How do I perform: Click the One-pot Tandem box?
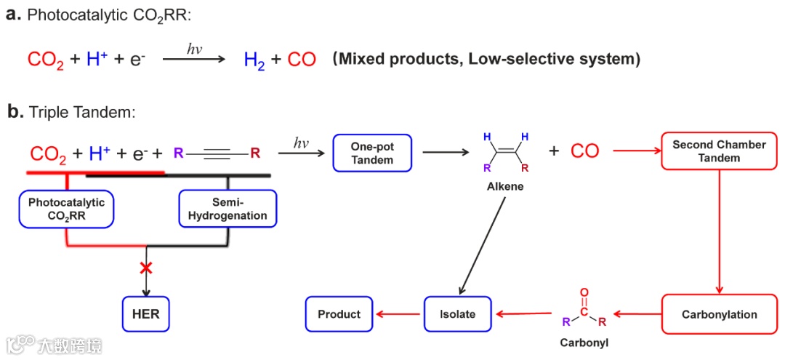[373, 153]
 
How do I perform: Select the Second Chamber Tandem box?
[719, 151]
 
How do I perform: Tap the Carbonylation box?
[719, 314]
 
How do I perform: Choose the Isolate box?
[458, 314]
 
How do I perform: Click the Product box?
[339, 314]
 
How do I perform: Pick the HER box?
[146, 314]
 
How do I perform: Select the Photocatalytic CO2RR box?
[66, 209]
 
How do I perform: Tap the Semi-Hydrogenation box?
[228, 209]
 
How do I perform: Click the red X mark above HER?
[146, 268]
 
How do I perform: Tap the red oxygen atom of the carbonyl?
[584, 292]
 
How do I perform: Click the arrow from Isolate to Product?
[399, 314]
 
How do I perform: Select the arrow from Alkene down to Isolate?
[483, 243]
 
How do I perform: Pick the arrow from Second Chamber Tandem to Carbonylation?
[719, 231]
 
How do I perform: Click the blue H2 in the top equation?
[254, 60]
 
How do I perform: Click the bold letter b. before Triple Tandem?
[15, 112]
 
